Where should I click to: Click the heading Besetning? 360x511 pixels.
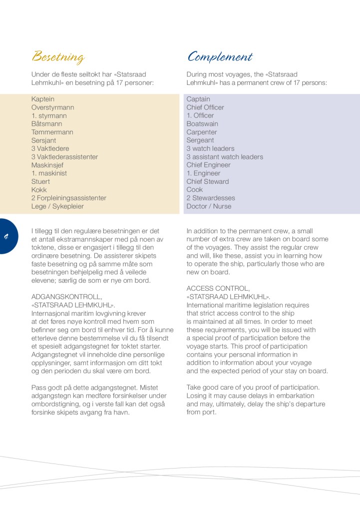pyautogui.click(x=58, y=57)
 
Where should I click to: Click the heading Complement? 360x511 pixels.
pyautogui.click(x=220, y=57)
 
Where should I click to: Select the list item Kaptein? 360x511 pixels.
pyautogui.click(x=43, y=99)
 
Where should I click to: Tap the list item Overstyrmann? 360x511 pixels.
pyautogui.click(x=52, y=107)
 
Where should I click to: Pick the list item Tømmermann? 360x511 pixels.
pyautogui.click(x=52, y=132)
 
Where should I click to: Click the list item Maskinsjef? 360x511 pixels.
pyautogui.click(x=48, y=165)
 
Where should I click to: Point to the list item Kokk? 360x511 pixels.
pyautogui.click(x=39, y=190)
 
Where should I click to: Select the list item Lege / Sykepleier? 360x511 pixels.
pyautogui.click(x=57, y=206)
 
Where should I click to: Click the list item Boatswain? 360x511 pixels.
pyautogui.click(x=202, y=124)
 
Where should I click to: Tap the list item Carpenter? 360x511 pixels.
pyautogui.click(x=202, y=132)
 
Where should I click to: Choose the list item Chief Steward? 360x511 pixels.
pyautogui.click(x=208, y=181)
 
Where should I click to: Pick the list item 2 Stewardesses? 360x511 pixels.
pyautogui.click(x=211, y=198)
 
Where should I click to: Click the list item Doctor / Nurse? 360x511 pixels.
pyautogui.click(x=209, y=206)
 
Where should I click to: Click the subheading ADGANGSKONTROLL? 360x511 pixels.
pyautogui.click(x=66, y=296)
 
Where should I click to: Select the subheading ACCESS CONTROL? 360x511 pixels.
pyautogui.click(x=218, y=288)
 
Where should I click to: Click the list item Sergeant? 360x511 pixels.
pyautogui.click(x=200, y=140)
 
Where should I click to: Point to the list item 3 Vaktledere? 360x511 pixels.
pyautogui.click(x=50, y=148)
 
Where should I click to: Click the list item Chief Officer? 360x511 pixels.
pyautogui.click(x=205, y=107)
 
